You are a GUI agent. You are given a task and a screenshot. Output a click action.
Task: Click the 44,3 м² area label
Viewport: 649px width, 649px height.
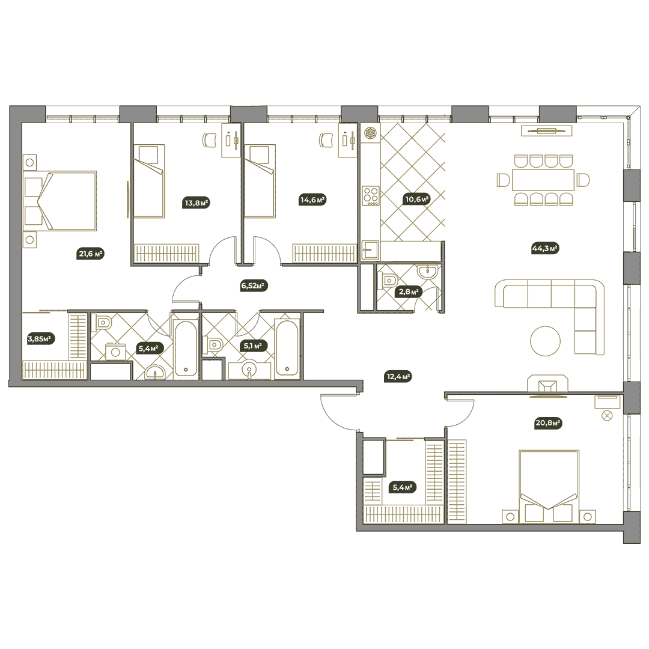(x=544, y=249)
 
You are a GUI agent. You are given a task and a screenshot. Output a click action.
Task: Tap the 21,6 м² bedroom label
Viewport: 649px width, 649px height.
(x=91, y=254)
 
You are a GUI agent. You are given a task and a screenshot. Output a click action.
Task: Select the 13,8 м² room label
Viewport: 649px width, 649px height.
(x=196, y=203)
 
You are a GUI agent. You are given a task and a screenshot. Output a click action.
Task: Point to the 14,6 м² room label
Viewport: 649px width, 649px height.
(x=312, y=200)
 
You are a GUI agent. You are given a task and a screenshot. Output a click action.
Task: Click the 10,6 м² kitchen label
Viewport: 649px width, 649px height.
(x=417, y=199)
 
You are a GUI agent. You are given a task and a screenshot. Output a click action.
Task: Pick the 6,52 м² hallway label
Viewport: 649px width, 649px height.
(x=252, y=285)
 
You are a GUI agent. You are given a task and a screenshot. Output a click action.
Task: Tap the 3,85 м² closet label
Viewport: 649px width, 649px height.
(x=40, y=339)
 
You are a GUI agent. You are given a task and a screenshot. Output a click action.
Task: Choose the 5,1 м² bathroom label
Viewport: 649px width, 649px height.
(x=252, y=346)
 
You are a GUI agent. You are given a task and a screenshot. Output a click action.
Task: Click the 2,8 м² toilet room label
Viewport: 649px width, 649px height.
(x=409, y=291)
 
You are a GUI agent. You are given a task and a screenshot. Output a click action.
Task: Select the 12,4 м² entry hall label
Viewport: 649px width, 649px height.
(x=398, y=377)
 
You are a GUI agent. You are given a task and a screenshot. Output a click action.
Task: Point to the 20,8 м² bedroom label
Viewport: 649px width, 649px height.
(x=547, y=423)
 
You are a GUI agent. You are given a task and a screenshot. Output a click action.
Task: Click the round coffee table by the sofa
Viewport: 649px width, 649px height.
(x=545, y=341)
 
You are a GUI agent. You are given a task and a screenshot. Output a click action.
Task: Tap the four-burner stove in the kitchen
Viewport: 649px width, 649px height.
(x=370, y=195)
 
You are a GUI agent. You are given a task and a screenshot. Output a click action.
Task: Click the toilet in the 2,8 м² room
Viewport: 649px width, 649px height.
(x=388, y=281)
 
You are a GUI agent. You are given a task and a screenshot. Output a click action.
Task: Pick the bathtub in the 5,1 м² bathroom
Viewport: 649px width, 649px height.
(x=287, y=348)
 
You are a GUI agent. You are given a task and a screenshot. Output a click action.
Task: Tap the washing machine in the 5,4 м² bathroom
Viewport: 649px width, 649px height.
(x=115, y=352)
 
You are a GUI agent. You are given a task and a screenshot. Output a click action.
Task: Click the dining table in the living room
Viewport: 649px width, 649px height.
(x=543, y=180)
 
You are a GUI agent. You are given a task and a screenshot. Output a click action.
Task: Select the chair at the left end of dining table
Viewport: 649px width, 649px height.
(x=504, y=180)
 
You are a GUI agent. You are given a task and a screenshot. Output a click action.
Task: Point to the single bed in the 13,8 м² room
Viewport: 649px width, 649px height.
(x=149, y=181)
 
